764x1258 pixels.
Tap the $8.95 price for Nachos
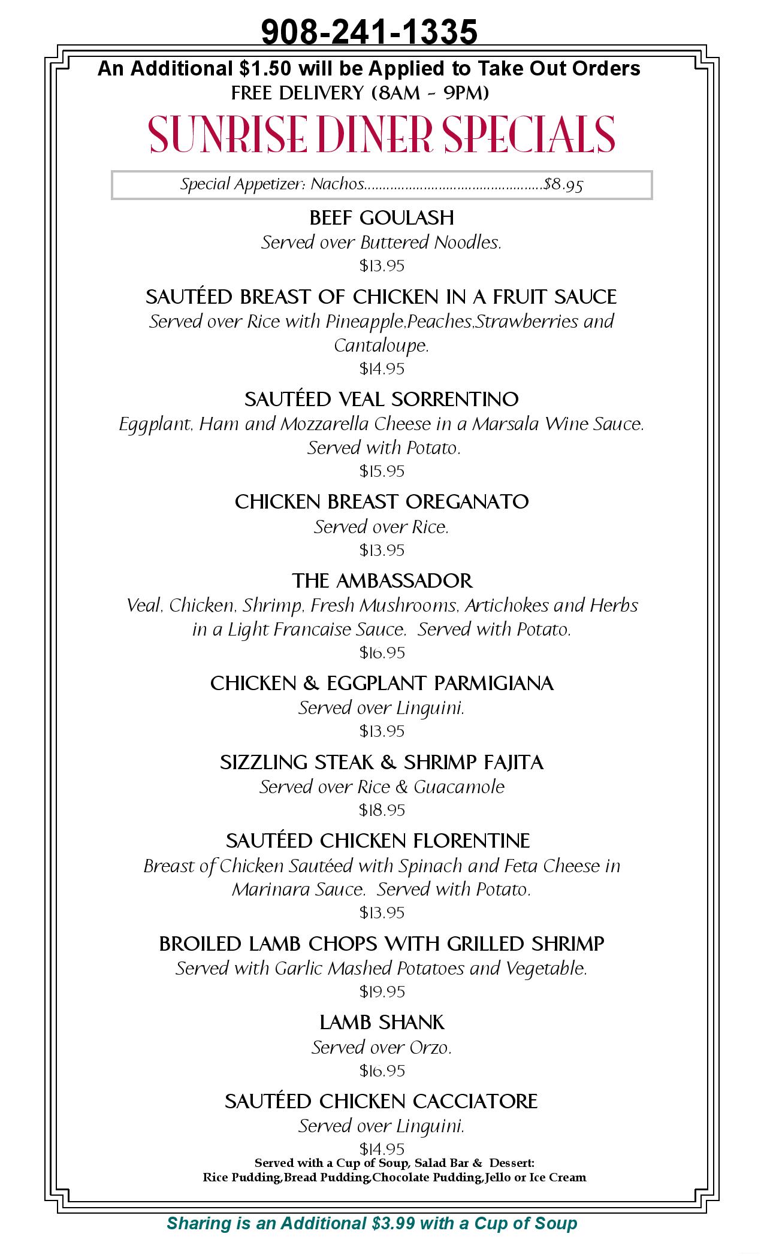point(563,185)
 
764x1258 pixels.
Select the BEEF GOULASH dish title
point(382,217)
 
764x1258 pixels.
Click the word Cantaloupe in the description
point(381,346)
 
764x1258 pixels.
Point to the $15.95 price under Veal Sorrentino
point(382,471)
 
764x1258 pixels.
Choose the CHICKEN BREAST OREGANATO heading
point(382,501)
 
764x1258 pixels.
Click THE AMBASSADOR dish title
point(382,580)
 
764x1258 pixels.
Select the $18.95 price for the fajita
point(382,811)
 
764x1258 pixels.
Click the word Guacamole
point(459,787)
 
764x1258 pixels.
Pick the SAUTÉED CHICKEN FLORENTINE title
point(378,841)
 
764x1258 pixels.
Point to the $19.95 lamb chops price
point(382,992)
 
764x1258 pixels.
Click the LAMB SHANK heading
point(382,1022)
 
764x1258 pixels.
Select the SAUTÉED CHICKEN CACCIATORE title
point(381,1101)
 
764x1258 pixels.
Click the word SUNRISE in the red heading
point(228,134)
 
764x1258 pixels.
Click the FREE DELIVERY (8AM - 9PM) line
point(360,93)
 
